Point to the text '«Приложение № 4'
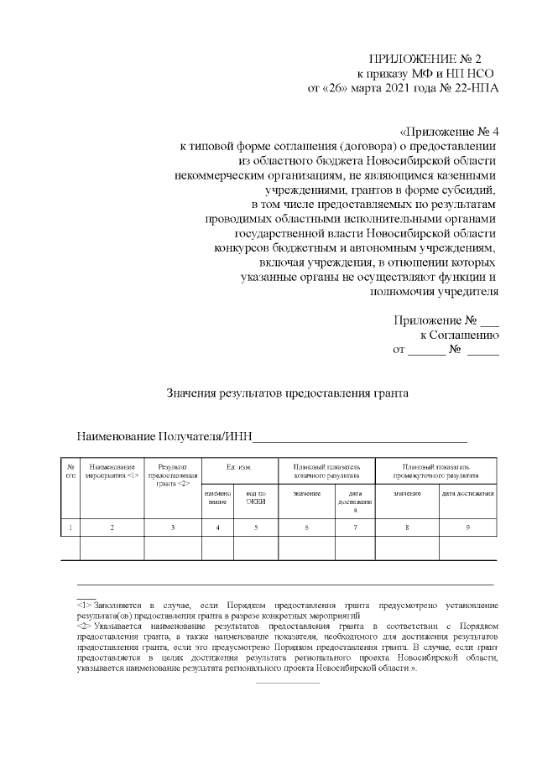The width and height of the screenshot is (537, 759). (449, 132)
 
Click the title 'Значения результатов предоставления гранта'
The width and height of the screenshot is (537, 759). (288, 392)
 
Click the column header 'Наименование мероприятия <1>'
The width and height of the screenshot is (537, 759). (112, 470)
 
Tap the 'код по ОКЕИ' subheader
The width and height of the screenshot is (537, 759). (255, 497)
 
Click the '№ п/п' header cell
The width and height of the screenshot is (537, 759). (70, 470)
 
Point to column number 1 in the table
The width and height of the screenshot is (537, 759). (70, 527)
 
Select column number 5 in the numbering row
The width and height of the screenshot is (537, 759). (255, 527)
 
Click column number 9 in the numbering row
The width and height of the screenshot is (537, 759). (467, 527)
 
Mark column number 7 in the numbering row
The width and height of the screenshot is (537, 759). (355, 527)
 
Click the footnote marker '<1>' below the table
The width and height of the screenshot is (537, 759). (84, 604)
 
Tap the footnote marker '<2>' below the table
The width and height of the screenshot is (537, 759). (84, 626)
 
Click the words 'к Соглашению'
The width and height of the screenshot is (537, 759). (465, 335)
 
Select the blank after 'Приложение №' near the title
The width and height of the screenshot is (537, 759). (490, 320)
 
